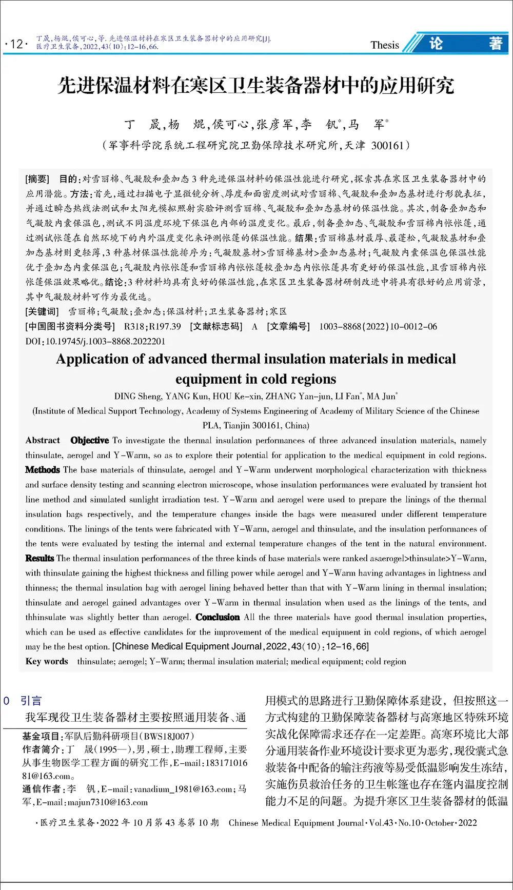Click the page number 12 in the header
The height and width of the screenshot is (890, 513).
(16, 44)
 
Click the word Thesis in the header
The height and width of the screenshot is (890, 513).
(385, 45)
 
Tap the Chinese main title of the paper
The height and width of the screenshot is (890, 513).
(255, 86)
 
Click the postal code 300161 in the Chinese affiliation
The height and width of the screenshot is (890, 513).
(387, 146)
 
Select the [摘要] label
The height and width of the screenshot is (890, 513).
(37, 179)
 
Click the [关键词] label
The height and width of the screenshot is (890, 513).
(42, 311)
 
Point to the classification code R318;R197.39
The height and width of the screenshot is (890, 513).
(152, 326)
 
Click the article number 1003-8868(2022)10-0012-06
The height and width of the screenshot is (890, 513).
(378, 326)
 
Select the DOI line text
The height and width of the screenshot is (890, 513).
(95, 341)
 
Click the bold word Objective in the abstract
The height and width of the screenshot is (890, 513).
(90, 440)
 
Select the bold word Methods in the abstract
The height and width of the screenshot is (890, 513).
(43, 470)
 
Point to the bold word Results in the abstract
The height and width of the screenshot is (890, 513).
(40, 558)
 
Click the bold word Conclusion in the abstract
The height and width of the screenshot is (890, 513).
(218, 617)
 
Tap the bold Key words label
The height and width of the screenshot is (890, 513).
(47, 662)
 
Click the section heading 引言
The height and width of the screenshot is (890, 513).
(31, 701)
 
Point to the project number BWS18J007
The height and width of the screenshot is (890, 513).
(167, 736)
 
